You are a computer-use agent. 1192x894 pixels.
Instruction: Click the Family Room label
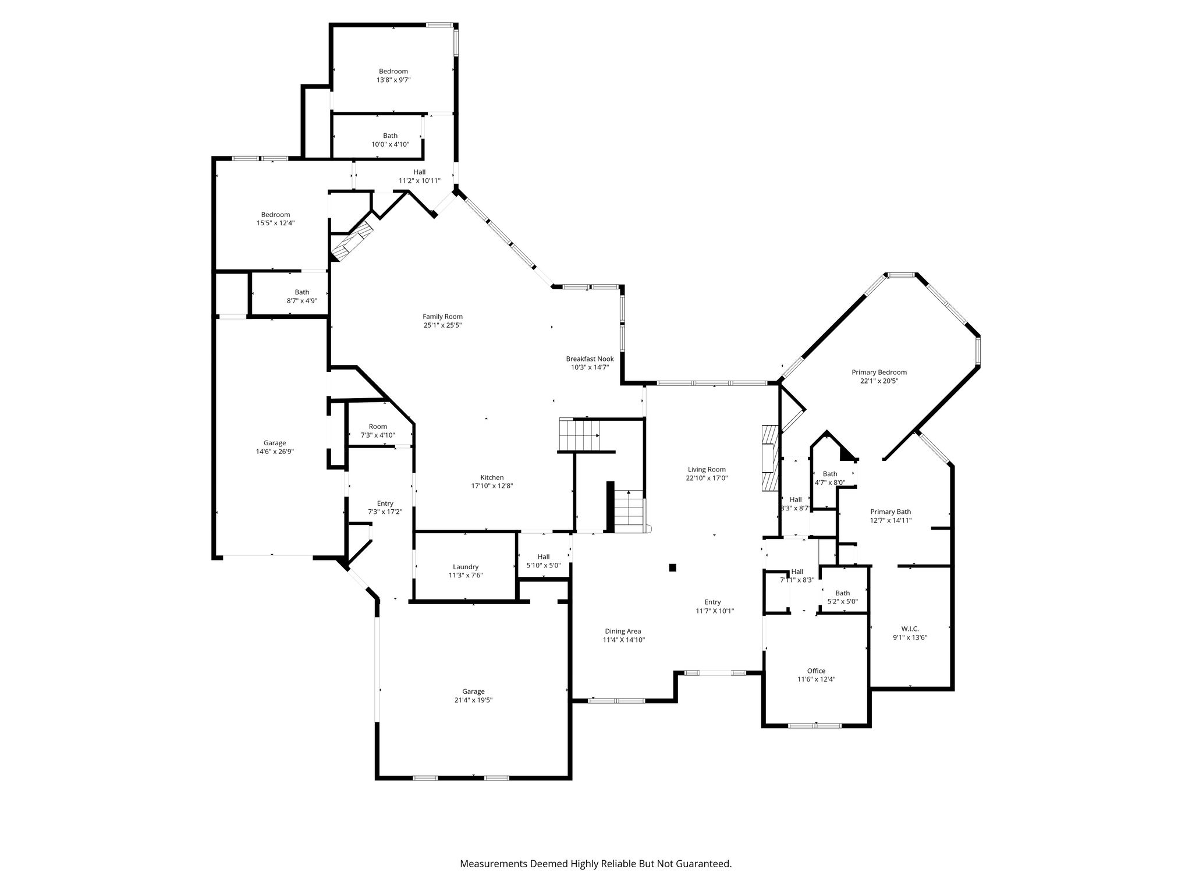point(442,317)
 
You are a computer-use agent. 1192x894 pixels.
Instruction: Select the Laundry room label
point(466,567)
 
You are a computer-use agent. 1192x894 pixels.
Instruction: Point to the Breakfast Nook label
point(590,359)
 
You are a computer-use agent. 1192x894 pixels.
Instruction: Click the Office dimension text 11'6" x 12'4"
point(816,679)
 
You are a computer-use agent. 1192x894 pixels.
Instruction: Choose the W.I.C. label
point(910,629)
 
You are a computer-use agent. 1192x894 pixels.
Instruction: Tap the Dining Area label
point(623,632)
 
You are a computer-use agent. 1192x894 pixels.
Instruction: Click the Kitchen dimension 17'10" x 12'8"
point(492,486)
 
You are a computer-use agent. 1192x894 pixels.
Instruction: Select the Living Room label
point(707,470)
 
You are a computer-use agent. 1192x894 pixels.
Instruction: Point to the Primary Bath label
point(891,512)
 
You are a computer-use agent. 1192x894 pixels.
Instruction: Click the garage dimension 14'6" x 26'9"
point(275,451)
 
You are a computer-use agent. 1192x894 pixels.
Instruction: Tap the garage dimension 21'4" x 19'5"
point(473,700)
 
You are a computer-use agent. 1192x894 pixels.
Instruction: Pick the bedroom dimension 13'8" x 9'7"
point(393,80)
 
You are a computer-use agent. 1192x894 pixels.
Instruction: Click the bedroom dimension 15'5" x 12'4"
point(275,223)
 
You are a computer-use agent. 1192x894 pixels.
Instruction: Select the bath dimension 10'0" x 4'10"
point(390,144)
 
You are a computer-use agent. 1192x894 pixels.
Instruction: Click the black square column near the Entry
point(673,567)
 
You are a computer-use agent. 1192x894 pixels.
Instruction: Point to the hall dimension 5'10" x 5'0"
point(544,565)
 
